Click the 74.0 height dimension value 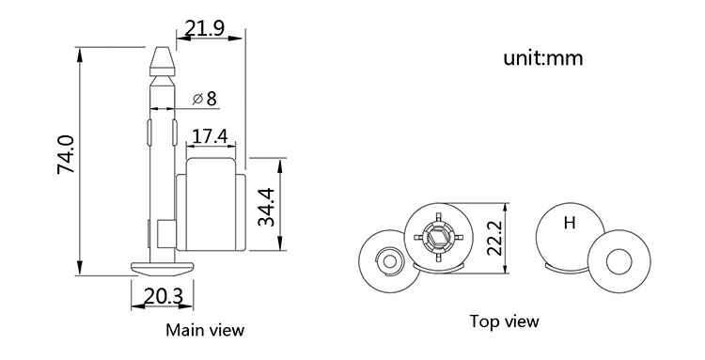[x=66, y=154]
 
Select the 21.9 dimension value [x=205, y=29]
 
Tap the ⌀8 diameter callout [x=205, y=99]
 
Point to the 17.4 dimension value [x=210, y=136]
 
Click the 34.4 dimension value [x=266, y=207]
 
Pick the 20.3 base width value [x=164, y=296]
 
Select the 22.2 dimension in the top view [x=494, y=237]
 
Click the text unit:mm [x=543, y=59]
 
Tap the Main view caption [x=205, y=330]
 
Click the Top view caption [x=504, y=321]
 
